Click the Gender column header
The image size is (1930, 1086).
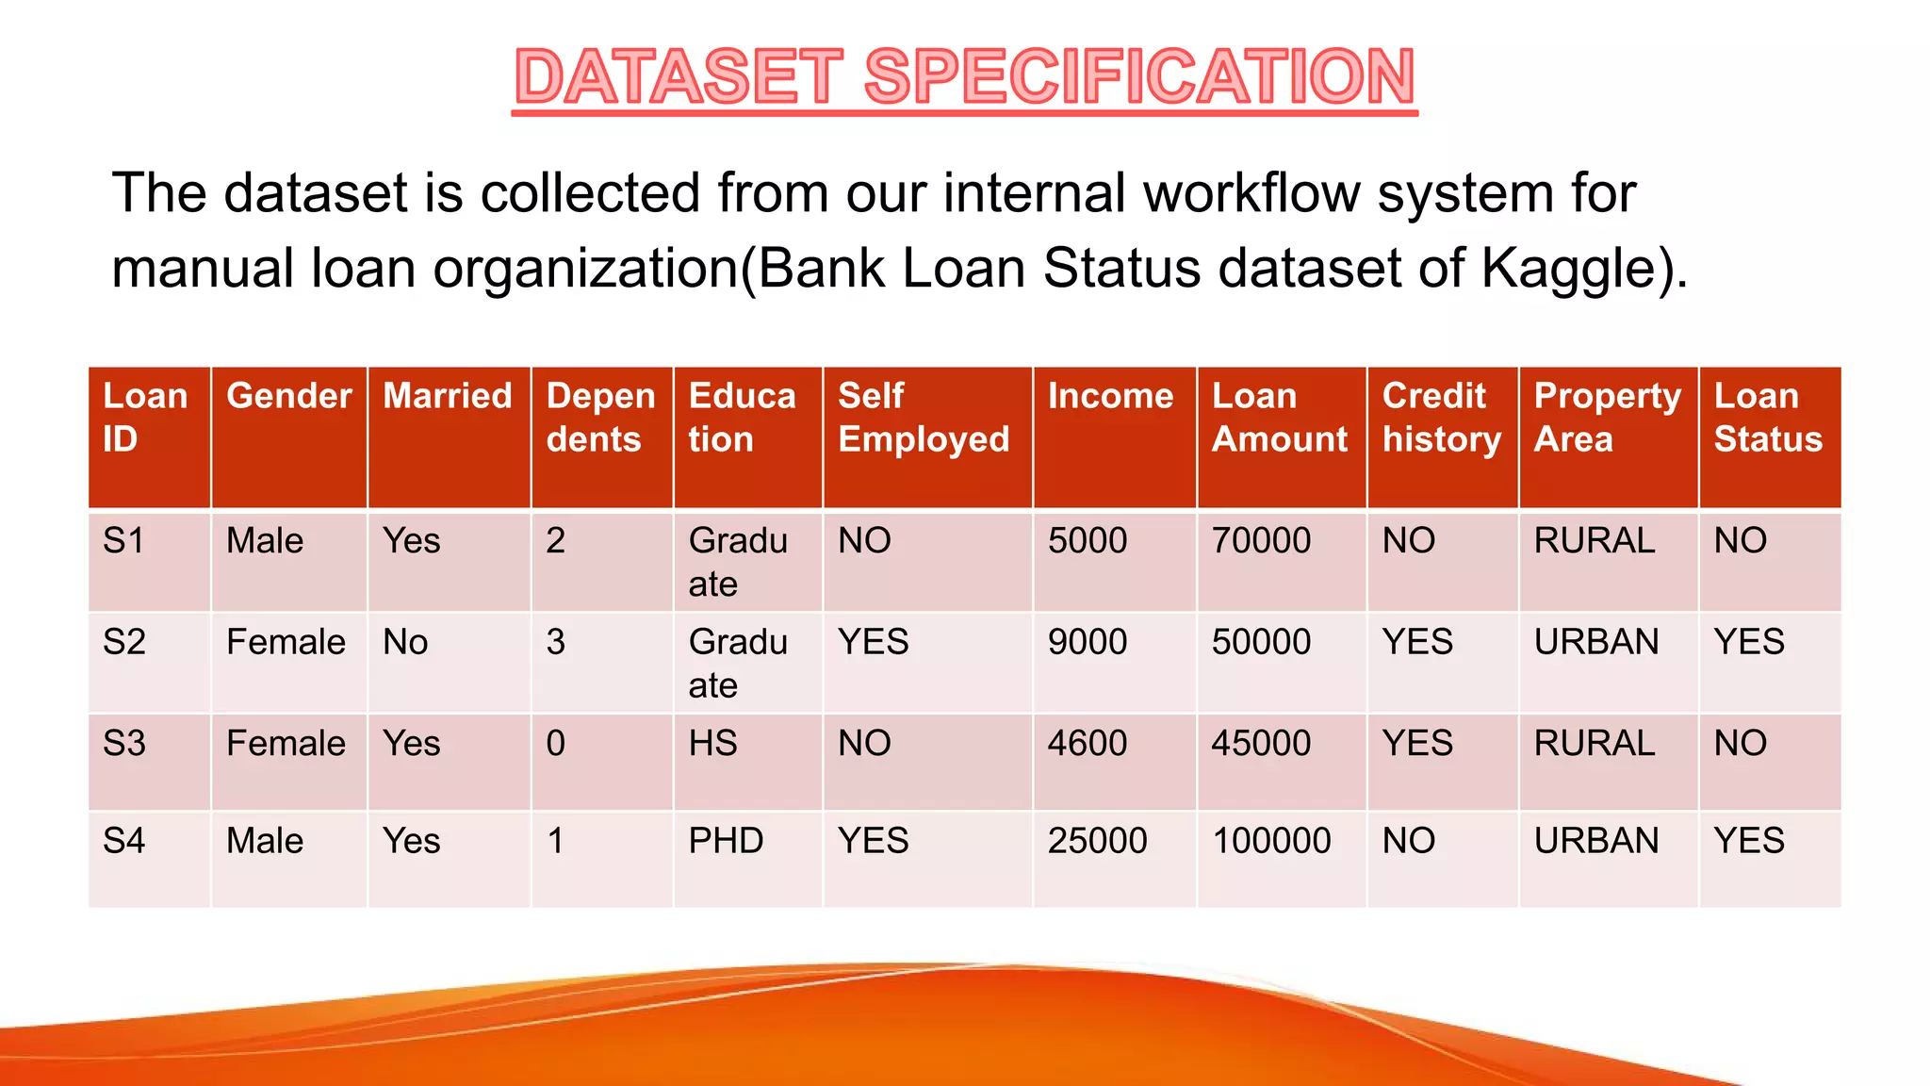point(288,396)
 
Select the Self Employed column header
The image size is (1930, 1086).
point(924,418)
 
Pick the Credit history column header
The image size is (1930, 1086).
point(1441,418)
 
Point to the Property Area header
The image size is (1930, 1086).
point(1607,418)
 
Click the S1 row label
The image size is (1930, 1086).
point(124,541)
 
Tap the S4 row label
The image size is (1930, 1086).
point(124,841)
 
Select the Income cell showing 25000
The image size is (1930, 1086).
point(1097,841)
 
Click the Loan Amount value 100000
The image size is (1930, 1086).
point(1271,841)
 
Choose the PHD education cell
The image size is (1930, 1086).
point(726,841)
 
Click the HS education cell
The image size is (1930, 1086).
point(712,744)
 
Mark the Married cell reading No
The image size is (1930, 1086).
point(405,643)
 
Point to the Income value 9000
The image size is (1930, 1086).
point(1088,643)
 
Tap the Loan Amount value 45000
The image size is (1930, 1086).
point(1261,744)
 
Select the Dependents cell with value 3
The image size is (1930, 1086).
point(556,643)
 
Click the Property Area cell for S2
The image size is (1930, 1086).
point(1596,643)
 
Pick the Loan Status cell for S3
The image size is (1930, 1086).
point(1740,744)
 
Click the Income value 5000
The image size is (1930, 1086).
point(1088,541)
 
